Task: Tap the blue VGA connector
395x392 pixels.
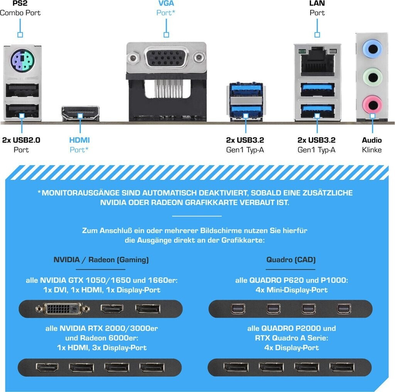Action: pos(166,59)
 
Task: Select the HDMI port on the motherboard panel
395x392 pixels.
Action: pos(80,114)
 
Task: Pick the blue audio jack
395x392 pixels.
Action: pos(372,49)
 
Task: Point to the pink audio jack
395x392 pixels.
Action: pos(372,103)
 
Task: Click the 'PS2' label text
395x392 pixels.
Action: pos(20,3)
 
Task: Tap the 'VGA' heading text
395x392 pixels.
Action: pos(166,3)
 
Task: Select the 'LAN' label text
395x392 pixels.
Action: pos(317,3)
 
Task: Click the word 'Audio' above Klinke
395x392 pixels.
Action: pos(372,140)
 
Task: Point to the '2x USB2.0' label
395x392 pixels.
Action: pos(21,140)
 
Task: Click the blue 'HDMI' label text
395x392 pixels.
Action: pos(79,140)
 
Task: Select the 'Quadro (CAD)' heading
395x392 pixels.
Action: pos(291,260)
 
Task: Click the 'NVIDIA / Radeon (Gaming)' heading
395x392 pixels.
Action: pos(101,260)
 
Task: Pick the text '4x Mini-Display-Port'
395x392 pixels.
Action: pos(292,290)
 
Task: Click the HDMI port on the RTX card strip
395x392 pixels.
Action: pos(45,367)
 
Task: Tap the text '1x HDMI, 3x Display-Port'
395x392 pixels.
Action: pos(101,348)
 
